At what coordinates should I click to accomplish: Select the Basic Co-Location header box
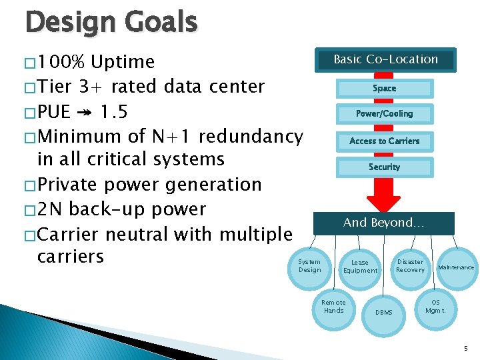point(385,59)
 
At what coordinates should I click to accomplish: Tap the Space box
point(384,88)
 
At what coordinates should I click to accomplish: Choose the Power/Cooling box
point(384,114)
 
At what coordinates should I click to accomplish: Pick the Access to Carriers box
point(384,141)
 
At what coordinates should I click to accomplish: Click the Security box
point(384,167)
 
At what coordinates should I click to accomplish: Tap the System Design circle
point(309,266)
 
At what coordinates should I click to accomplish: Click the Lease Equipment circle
point(360,267)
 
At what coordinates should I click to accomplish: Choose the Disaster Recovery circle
point(410,266)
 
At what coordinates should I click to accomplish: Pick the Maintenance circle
point(455,268)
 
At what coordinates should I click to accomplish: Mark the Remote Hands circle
point(333,307)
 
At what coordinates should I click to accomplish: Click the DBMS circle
point(384,312)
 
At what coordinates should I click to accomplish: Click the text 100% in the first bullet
point(61,62)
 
